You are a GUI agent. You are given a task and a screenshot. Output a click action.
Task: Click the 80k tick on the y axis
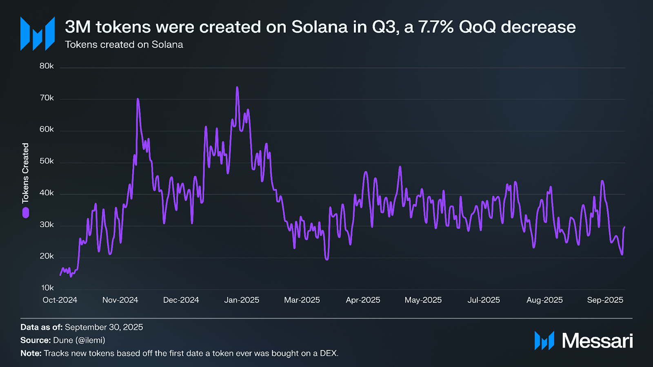point(47,66)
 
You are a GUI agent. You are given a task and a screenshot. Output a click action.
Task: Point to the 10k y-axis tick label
point(47,288)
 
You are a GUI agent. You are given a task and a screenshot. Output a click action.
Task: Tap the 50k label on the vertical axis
point(47,161)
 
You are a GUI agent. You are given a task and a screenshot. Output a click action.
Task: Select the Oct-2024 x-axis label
point(60,300)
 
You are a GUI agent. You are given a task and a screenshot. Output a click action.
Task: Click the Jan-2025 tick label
point(242,300)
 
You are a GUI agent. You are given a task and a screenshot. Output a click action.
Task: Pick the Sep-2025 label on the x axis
point(605,300)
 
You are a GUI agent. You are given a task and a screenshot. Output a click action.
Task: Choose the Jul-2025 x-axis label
point(484,300)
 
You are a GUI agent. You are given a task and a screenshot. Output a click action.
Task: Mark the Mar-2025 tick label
point(302,300)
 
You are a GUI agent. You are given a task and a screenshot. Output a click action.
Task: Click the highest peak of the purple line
point(237,88)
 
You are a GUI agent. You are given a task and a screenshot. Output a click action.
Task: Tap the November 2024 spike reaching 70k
point(138,99)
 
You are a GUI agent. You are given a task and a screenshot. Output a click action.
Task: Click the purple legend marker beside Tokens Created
point(26,212)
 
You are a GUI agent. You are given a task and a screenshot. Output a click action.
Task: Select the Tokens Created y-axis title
point(26,173)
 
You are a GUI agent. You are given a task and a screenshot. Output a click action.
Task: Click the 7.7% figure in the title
point(436,27)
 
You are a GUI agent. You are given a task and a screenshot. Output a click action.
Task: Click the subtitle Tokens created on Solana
point(124,44)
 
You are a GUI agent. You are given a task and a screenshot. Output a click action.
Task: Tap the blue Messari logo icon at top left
point(38,33)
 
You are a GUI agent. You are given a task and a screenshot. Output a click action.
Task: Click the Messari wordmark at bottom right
point(597,340)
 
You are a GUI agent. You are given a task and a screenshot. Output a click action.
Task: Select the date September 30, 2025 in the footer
point(104,327)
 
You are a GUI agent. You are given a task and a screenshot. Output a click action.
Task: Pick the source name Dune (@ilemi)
point(79,340)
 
